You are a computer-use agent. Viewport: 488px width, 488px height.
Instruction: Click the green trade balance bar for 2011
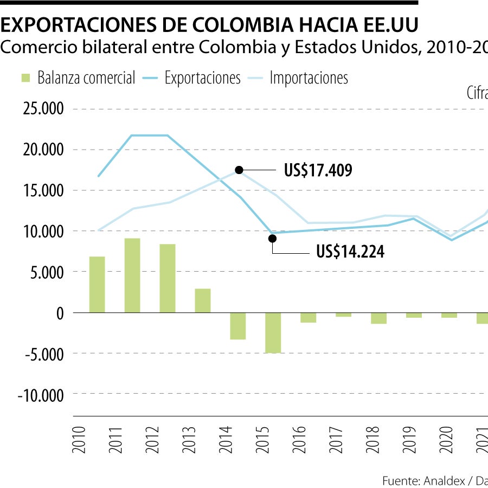[x=132, y=275]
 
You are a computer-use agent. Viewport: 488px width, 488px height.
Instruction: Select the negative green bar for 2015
[x=273, y=332]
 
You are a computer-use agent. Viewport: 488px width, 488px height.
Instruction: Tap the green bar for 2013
[x=203, y=300]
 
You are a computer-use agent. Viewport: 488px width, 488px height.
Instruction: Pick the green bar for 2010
[x=97, y=285]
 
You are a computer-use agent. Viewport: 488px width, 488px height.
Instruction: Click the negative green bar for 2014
[x=238, y=326]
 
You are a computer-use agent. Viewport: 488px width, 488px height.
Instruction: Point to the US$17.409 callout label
[x=318, y=171]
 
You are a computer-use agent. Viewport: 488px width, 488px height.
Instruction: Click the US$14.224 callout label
[x=350, y=252]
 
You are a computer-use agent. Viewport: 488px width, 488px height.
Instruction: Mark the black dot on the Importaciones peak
[x=239, y=170]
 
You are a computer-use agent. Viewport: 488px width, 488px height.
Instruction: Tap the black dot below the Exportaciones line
[x=272, y=239]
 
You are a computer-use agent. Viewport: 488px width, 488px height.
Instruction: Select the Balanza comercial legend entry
[x=78, y=78]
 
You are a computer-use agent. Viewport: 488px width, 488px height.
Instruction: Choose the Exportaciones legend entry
[x=192, y=78]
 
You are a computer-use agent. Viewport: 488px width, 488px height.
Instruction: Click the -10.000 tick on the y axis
[x=41, y=395]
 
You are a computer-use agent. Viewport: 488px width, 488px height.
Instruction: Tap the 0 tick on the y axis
[x=60, y=313]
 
